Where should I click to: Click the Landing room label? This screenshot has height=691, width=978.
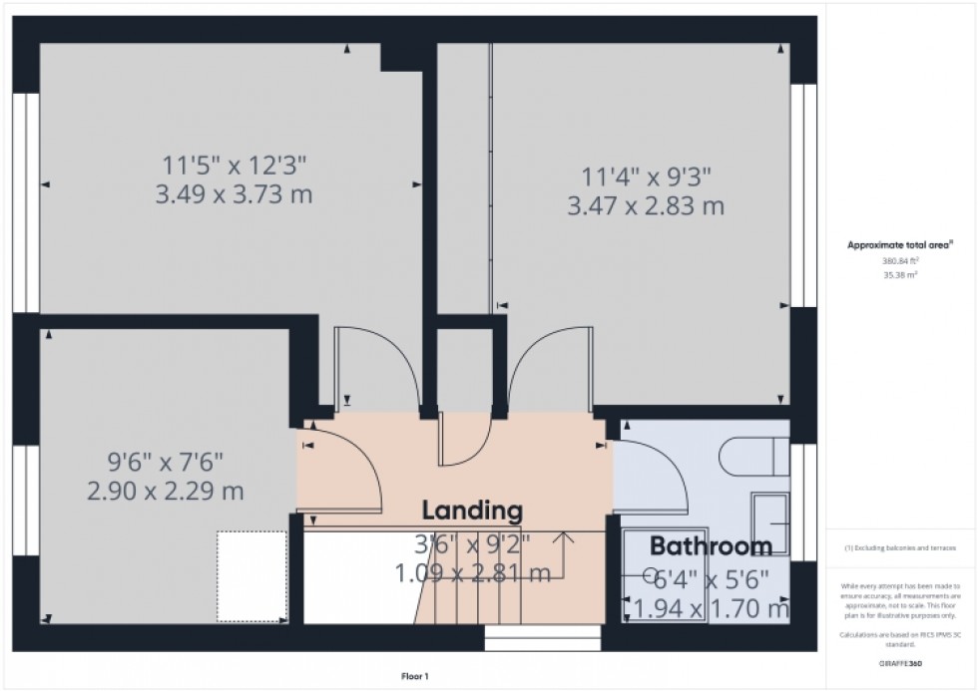click(472, 511)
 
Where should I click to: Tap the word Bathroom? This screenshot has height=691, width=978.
click(711, 545)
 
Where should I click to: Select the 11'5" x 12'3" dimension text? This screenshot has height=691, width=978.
click(234, 165)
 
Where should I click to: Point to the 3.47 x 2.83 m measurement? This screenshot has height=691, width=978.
click(645, 207)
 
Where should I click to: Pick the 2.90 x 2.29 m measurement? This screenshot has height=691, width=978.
click(165, 492)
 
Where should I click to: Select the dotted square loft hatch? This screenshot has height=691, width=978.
click(252, 563)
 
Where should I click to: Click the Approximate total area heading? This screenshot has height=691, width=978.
click(900, 244)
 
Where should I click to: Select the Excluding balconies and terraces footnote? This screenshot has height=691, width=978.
click(901, 547)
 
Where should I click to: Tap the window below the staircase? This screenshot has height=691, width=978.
click(543, 636)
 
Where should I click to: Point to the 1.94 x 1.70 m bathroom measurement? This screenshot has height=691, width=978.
click(708, 607)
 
